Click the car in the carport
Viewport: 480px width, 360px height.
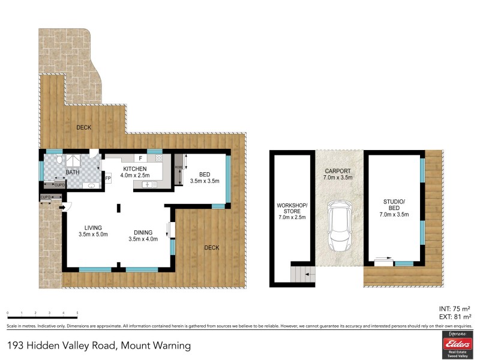coord(339,227)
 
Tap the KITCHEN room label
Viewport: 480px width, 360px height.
coord(135,169)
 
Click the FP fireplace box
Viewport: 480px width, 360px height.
coord(108,178)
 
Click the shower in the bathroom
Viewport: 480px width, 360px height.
coord(76,161)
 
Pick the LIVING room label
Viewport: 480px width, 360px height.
coord(93,227)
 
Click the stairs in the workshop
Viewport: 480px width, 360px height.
coord(300,275)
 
